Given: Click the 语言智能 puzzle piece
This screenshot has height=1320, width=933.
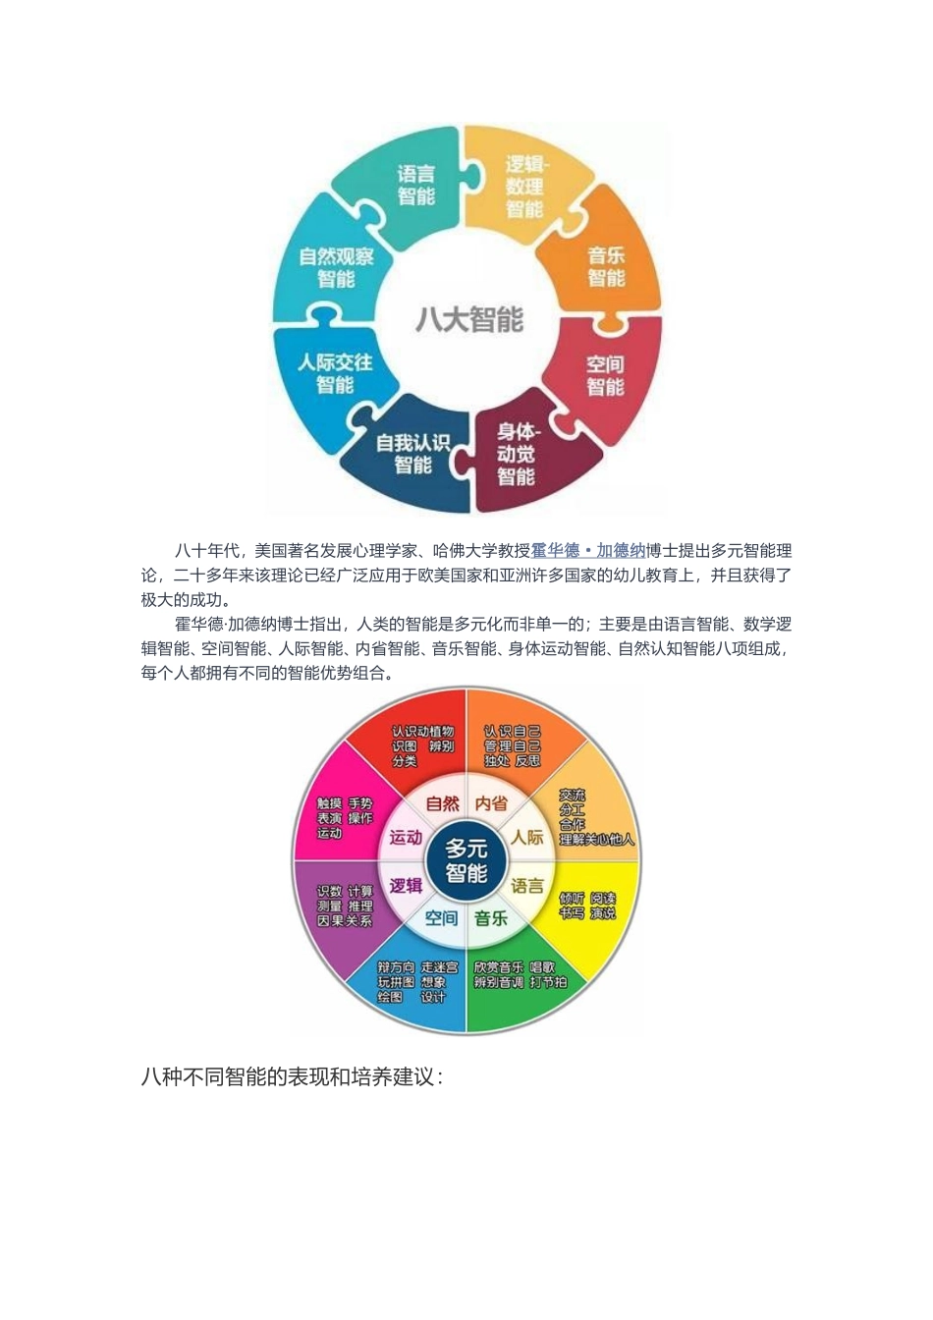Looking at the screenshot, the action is point(415,186).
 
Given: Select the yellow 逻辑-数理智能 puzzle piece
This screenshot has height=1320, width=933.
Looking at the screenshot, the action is point(524,187).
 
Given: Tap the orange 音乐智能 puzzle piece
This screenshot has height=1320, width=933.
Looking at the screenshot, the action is point(606,267).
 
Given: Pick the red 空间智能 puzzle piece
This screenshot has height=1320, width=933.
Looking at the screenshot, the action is point(605,376).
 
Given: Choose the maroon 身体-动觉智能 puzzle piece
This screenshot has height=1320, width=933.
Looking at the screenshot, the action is point(517,454).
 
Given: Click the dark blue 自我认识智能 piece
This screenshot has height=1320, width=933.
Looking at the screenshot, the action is point(412,454).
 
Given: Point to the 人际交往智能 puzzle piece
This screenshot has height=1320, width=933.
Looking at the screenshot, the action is point(335,373).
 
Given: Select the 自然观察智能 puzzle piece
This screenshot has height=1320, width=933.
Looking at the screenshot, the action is point(336,267).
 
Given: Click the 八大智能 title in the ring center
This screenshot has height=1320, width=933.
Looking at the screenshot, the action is point(469,319).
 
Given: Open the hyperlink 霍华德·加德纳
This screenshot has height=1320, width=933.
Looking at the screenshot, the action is point(588,551).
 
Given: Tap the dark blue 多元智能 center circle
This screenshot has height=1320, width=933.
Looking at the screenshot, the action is point(466,860).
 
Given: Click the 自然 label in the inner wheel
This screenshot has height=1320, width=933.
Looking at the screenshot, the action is point(442,803).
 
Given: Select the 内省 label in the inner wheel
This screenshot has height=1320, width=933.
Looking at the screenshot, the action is point(491,803).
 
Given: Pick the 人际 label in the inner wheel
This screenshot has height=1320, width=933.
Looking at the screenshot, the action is point(526,838).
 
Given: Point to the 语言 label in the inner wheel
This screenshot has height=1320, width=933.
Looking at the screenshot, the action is point(526,886).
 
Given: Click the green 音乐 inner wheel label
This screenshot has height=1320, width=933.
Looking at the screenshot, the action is point(491,918).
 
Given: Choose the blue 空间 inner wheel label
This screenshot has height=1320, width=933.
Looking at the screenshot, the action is point(441,918).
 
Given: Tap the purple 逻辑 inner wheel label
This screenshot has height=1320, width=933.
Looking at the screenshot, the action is point(406,886).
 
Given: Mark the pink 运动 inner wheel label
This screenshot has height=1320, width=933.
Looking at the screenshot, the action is point(406,838).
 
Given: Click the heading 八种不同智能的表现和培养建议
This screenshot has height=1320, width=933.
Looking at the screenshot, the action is point(292,1076).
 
